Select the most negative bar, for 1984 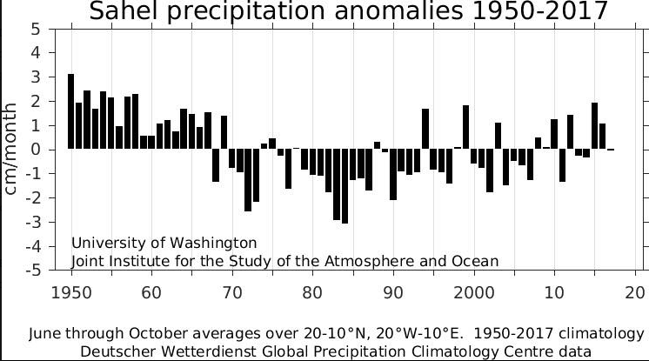point(345,186)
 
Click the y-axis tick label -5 point(36,271)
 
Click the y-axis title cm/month point(12,150)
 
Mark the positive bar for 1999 point(466,127)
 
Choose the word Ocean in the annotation point(478,261)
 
